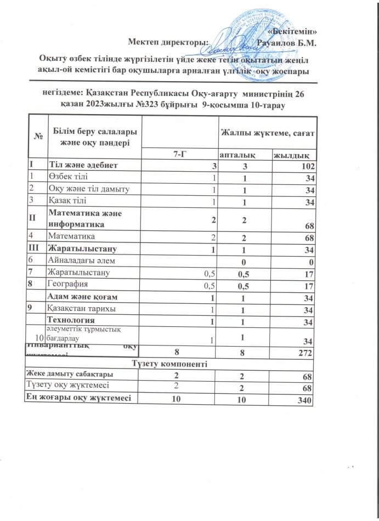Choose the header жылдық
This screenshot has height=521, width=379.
click(294, 156)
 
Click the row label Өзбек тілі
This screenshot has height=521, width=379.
click(65, 176)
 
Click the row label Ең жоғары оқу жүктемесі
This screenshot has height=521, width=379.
click(78, 399)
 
